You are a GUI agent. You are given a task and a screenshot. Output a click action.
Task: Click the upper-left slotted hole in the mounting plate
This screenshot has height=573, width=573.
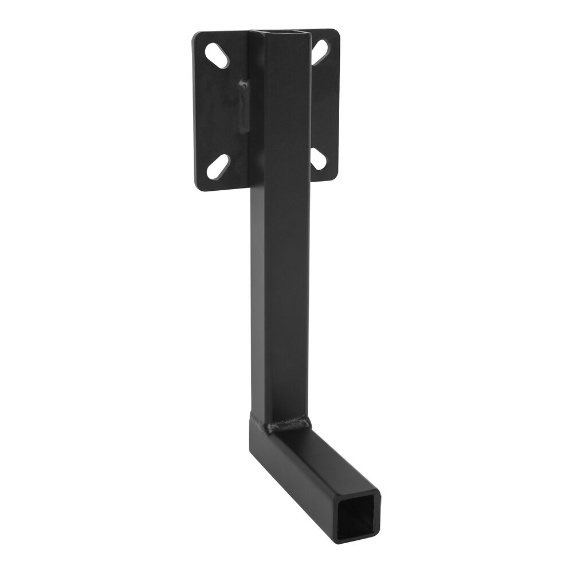coord(217,56)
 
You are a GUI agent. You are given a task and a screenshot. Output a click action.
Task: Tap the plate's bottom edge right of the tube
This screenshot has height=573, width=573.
coord(324,180)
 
